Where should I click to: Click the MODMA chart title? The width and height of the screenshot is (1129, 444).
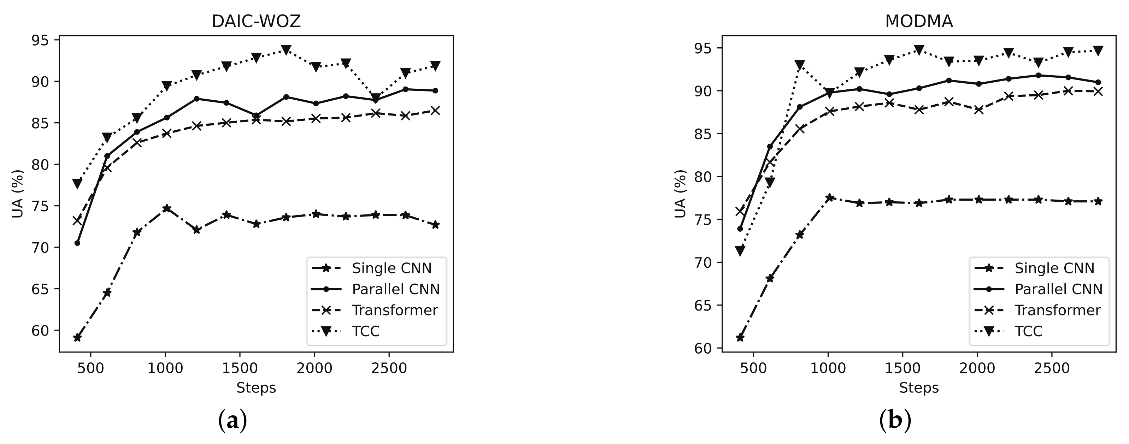point(919,22)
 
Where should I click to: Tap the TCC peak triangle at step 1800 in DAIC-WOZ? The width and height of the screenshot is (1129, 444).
point(286,50)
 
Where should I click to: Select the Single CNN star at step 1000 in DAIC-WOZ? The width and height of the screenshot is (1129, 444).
point(166,208)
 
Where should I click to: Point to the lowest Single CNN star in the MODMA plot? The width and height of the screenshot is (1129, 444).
point(740,337)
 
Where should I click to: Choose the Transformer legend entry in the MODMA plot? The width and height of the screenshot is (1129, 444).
point(1057,310)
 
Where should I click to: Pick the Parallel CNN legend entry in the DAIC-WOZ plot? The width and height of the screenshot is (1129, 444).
point(395,289)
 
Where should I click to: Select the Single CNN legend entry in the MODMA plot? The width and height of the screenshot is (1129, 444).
point(1054,268)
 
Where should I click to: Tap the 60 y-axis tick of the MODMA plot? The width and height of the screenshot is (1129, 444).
point(702,348)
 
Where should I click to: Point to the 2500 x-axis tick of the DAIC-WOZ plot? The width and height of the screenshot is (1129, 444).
point(389,368)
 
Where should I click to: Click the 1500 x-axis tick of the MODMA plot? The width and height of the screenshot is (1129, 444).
point(902,368)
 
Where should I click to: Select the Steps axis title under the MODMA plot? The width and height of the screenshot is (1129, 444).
point(919,388)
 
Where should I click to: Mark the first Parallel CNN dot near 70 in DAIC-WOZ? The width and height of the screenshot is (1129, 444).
point(77,243)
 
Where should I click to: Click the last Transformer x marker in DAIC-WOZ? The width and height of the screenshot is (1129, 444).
point(435,111)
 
